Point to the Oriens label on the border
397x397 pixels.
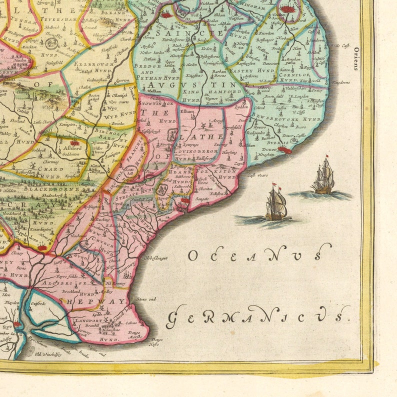[356, 59]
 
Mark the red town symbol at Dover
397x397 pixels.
[285, 149]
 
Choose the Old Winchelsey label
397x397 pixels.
[47, 354]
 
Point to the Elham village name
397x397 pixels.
[186, 112]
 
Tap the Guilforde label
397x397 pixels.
[38, 303]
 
